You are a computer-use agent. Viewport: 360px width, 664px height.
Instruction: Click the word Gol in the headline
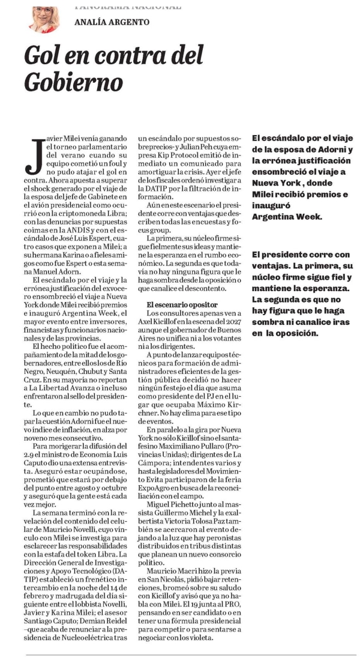point(40,58)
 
